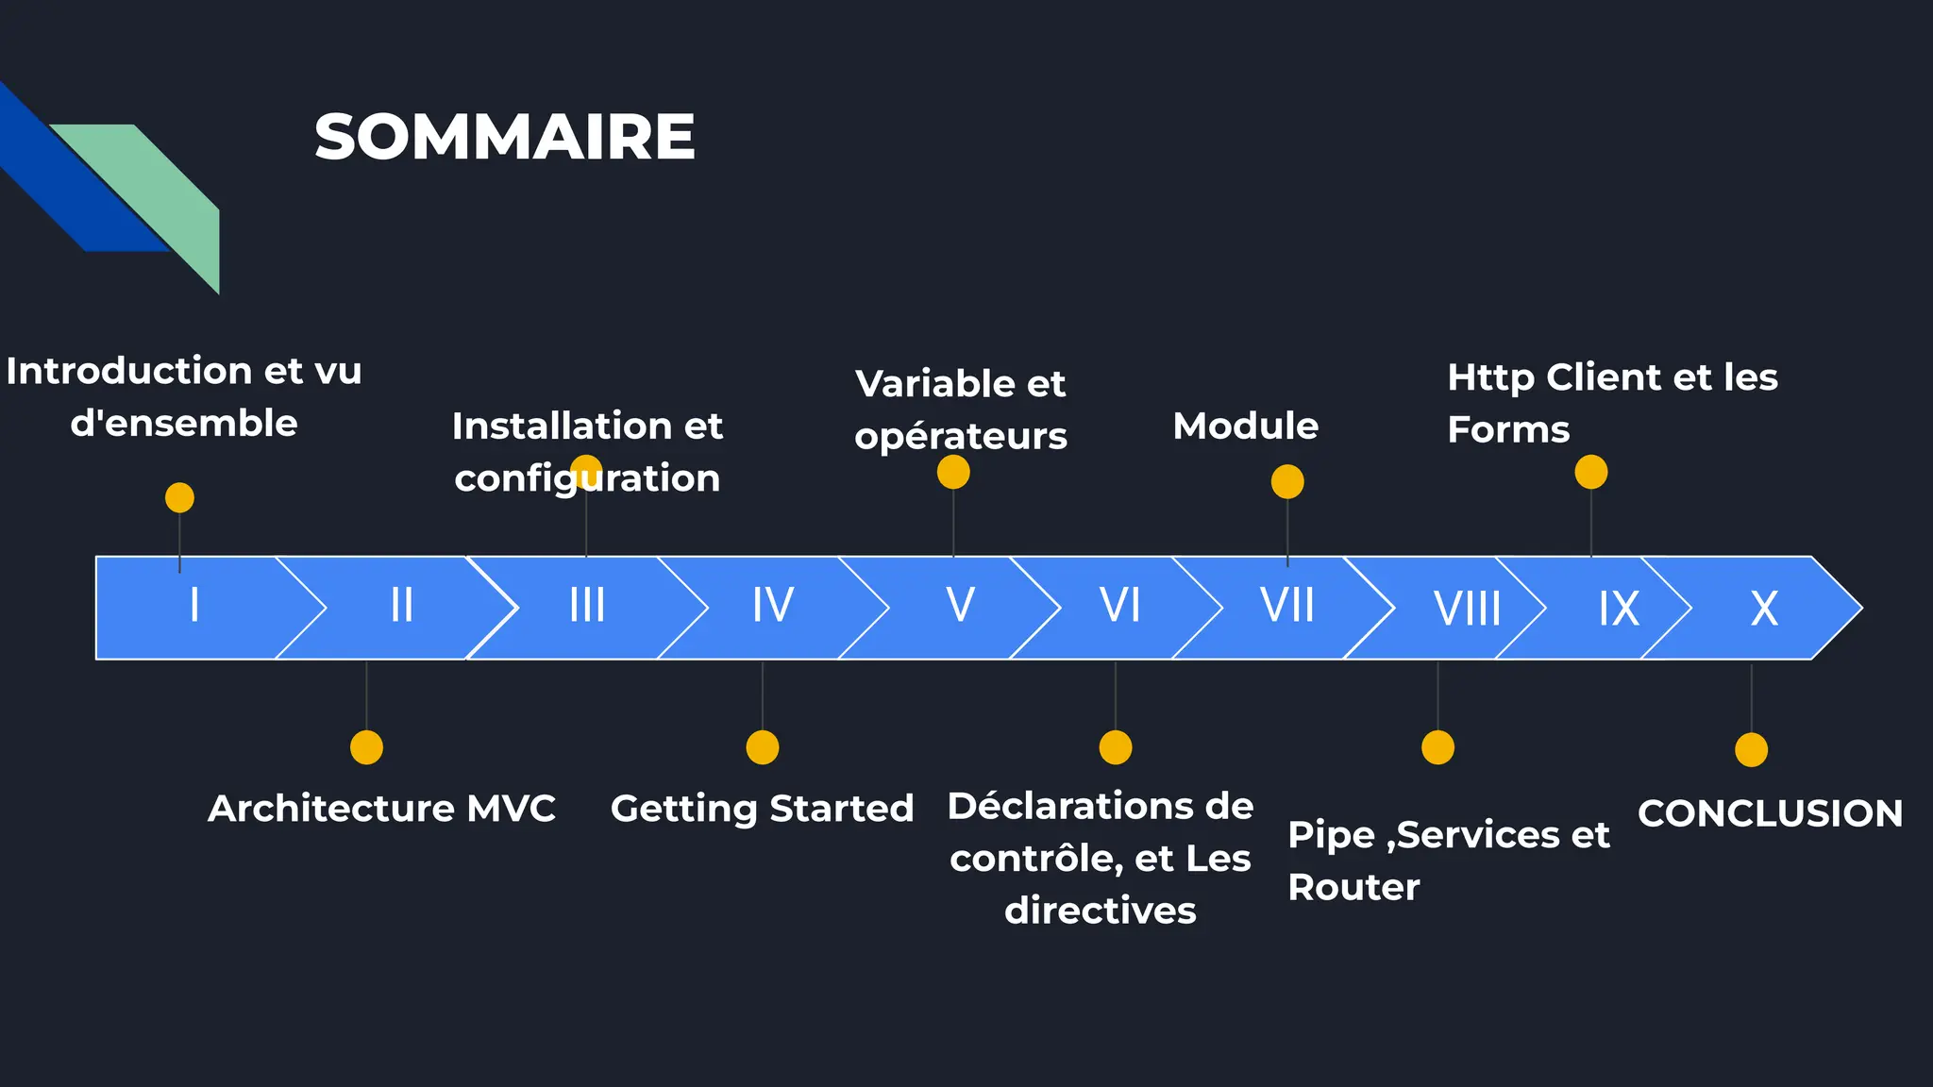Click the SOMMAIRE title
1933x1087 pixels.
pos(505,138)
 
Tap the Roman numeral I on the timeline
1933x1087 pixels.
pos(194,605)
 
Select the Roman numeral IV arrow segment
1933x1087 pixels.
pos(772,605)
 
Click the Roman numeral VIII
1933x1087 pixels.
pos(1467,609)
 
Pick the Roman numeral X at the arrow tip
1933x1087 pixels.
pos(1763,609)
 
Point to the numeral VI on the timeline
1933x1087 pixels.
pos(1119,605)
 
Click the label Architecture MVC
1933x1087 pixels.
pos(381,809)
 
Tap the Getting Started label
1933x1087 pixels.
pos(762,809)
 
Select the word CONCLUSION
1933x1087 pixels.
pos(1770,813)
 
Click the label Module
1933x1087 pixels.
pos(1245,426)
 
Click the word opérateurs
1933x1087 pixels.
pos(961,436)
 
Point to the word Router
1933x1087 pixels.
pos(1353,887)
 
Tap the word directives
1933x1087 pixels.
pos(1100,911)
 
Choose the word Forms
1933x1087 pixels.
pos(1508,429)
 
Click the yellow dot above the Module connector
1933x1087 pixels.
pos(1287,482)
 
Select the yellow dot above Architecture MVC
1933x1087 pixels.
pos(366,747)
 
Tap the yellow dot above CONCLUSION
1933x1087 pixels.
pos(1751,750)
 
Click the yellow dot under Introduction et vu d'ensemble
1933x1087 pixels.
pos(179,497)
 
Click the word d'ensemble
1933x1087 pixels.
pos(184,423)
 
